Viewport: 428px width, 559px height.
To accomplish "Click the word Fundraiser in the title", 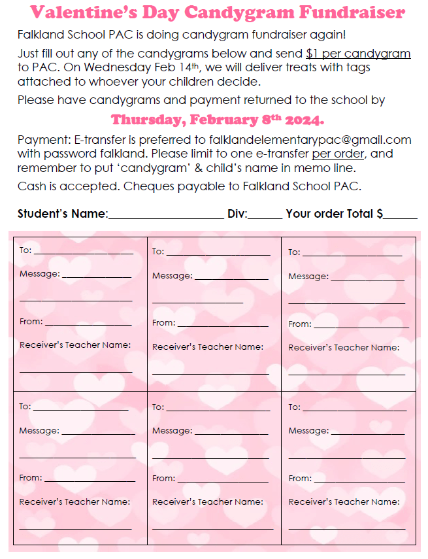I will (x=354, y=12).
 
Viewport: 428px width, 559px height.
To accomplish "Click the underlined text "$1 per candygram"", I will (x=358, y=54).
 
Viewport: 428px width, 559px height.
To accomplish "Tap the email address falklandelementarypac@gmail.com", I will (x=310, y=140).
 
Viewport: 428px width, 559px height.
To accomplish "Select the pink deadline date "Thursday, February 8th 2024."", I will (x=218, y=120).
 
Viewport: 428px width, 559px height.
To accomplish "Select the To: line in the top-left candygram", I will (x=83, y=252).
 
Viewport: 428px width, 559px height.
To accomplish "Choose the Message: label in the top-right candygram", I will (x=308, y=277).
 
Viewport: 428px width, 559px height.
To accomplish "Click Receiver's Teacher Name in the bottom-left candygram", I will (x=74, y=502).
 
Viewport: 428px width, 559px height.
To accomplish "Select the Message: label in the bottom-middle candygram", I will (x=172, y=431).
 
